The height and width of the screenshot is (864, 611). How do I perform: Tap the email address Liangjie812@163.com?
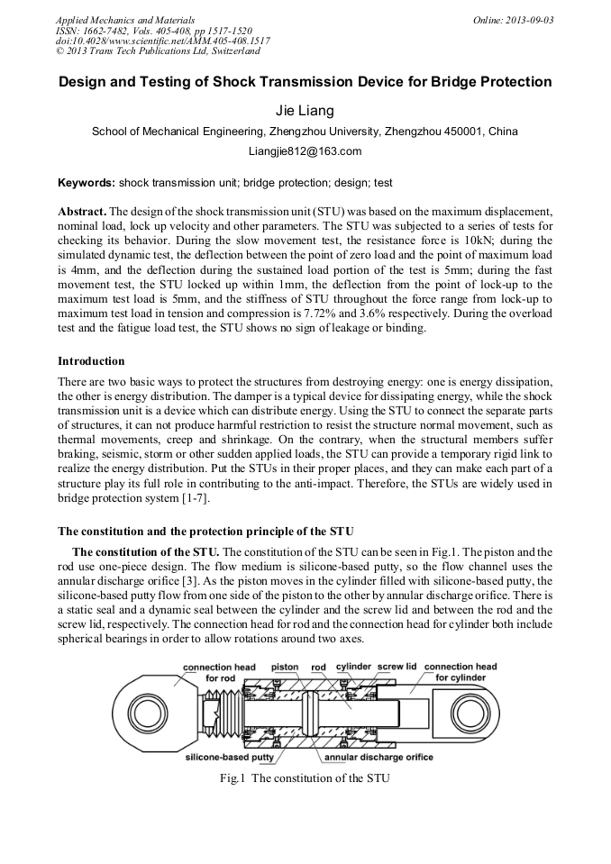(x=305, y=151)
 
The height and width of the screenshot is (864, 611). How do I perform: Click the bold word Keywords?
(x=86, y=183)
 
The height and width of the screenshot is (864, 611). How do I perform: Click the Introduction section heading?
(x=91, y=361)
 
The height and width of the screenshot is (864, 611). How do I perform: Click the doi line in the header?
(x=162, y=41)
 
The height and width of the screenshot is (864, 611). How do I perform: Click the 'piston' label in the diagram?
(x=285, y=668)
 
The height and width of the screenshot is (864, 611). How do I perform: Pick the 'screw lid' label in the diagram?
(x=397, y=668)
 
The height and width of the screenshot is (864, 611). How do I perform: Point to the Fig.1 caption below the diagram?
(x=305, y=778)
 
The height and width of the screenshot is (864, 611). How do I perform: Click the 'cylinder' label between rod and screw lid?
(x=353, y=668)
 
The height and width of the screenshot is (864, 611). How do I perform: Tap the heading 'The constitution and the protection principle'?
(x=205, y=530)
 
